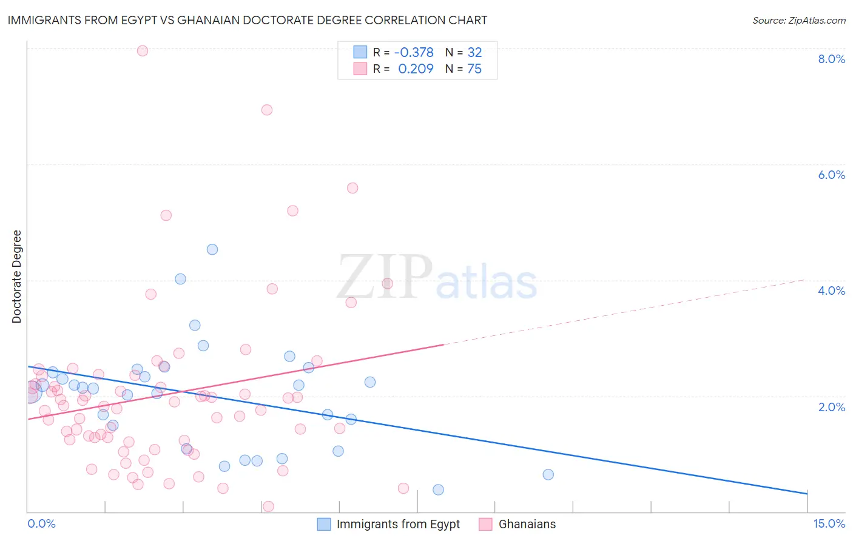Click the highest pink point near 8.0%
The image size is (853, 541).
click(x=143, y=51)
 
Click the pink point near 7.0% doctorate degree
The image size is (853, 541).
click(x=267, y=110)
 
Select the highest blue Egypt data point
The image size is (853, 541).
click(x=212, y=249)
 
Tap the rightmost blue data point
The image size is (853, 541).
click(x=548, y=474)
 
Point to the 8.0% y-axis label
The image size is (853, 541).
click(x=831, y=59)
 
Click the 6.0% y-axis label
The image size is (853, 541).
click(x=831, y=175)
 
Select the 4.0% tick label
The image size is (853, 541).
click(x=831, y=291)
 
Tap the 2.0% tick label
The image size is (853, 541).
click(x=831, y=407)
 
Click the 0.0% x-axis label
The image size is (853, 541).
click(x=41, y=523)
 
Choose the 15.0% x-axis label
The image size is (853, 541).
click(x=829, y=523)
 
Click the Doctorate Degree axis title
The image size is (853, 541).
click(x=17, y=277)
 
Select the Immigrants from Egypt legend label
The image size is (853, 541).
click(x=398, y=524)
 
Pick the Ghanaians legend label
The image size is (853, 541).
click(x=527, y=524)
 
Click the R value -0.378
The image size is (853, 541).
click(x=414, y=53)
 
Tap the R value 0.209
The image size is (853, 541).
click(x=416, y=69)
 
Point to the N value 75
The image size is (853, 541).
click(x=474, y=69)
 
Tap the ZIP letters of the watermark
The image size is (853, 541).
click(x=385, y=277)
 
